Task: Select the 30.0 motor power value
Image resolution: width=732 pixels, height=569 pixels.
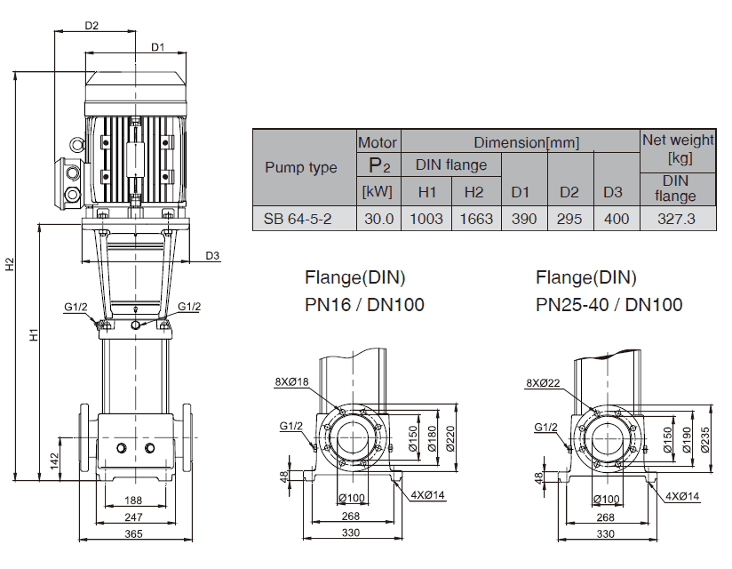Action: (378, 219)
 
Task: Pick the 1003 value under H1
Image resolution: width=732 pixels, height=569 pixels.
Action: (427, 219)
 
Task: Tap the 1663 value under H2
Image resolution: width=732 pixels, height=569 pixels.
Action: (477, 219)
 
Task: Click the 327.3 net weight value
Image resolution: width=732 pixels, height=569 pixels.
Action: (677, 219)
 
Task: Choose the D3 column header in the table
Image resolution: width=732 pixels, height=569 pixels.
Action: (613, 191)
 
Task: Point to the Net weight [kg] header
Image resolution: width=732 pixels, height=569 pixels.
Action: (678, 148)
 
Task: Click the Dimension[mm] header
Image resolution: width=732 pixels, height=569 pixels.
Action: (526, 141)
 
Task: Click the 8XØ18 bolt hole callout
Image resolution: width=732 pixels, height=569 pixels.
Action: (291, 381)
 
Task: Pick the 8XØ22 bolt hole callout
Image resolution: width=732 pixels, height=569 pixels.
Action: (544, 383)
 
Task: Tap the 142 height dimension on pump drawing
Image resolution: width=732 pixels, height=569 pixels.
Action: (53, 461)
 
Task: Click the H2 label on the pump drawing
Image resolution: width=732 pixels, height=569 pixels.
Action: (9, 265)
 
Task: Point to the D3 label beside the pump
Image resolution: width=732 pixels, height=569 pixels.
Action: (212, 256)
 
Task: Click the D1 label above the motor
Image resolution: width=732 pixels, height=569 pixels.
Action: (157, 46)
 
